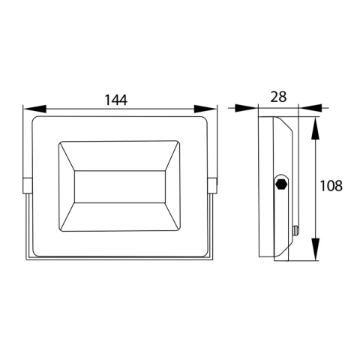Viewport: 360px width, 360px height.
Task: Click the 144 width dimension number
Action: [115, 100]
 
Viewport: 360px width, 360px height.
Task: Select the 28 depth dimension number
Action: [278, 97]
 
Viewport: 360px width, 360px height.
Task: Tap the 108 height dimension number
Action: [331, 186]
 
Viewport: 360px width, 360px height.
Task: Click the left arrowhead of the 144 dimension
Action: [34, 109]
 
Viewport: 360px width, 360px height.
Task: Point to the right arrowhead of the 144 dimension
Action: [205, 109]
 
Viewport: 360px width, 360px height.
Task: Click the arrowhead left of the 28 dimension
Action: [247, 108]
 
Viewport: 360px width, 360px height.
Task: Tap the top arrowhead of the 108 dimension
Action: [316, 128]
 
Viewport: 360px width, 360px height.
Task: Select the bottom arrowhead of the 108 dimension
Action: [316, 249]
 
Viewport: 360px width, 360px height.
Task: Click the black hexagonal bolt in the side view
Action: [281, 184]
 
